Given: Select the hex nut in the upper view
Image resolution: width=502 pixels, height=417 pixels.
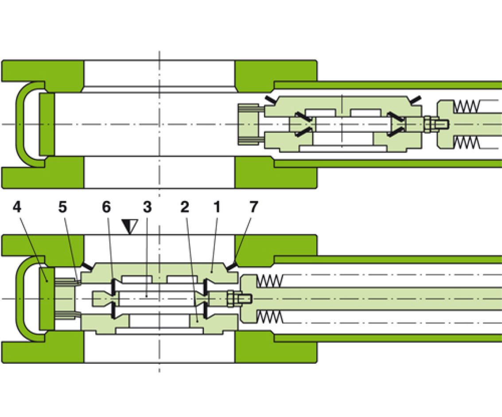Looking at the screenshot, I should pyautogui.click(x=428, y=124).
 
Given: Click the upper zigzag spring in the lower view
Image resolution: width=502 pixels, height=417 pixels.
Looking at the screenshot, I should pyautogui.click(x=269, y=280).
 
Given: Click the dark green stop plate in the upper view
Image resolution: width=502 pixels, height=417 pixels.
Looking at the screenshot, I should pyautogui.click(x=47, y=124).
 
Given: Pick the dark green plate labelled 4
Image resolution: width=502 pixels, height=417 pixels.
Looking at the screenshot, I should pyautogui.click(x=47, y=298).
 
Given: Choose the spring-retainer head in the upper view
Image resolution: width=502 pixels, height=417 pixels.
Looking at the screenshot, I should pyautogui.click(x=445, y=124).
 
